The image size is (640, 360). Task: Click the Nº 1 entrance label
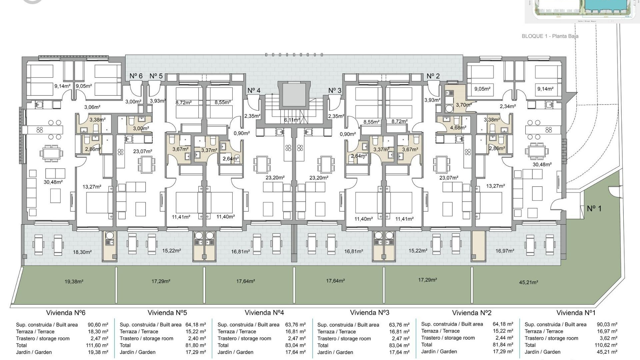click(594, 209)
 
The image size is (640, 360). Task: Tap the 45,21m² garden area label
click(528, 282)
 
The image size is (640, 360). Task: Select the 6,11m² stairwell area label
click(292, 120)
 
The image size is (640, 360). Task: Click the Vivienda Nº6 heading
click(66, 313)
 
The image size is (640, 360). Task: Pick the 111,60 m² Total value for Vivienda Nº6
click(97, 345)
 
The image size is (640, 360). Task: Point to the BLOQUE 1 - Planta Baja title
click(550, 36)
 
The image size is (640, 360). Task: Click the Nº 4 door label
click(254, 90)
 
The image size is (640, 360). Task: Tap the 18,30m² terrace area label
click(82, 252)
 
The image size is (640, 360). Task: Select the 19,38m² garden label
click(74, 281)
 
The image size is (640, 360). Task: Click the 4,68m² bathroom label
click(458, 127)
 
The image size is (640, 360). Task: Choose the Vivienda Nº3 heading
click(369, 313)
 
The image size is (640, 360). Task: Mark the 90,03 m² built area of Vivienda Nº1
click(607, 324)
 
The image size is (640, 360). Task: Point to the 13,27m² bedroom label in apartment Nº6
click(92, 187)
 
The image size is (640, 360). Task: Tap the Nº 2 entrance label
click(433, 76)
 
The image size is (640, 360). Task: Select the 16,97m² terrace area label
click(505, 251)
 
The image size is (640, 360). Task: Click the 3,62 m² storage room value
click(608, 338)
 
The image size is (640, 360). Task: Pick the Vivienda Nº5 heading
click(167, 313)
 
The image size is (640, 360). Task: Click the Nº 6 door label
click(136, 76)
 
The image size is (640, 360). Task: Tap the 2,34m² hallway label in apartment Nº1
click(508, 106)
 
